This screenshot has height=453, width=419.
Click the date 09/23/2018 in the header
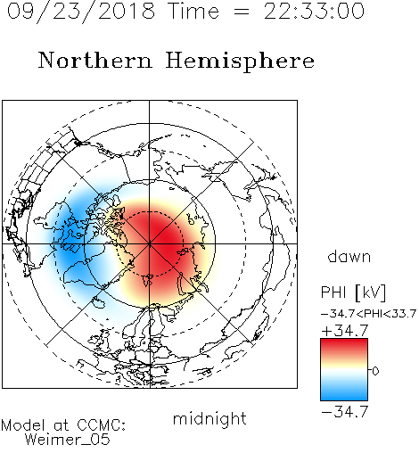tap(81, 12)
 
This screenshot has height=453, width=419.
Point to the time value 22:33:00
tap(314, 11)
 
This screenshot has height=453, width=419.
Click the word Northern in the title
tap(95, 60)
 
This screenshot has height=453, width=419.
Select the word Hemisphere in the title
tap(240, 62)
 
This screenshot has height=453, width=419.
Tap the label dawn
tap(349, 256)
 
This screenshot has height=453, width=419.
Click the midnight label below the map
tap(209, 419)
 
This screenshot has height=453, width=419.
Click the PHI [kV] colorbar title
tap(353, 292)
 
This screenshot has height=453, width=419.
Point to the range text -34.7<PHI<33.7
tap(368, 314)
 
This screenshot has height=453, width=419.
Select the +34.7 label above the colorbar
tap(345, 331)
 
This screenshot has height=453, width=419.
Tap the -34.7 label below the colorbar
tap(345, 412)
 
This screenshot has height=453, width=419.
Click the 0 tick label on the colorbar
tap(375, 371)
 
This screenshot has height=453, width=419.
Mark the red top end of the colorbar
tap(344, 341)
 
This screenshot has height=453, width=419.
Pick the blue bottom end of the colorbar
tap(344, 399)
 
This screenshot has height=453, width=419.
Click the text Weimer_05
tap(68, 440)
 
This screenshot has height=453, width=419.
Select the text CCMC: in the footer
tap(102, 425)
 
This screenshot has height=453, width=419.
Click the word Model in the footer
tap(24, 425)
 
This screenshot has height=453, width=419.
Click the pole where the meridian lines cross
tap(150, 243)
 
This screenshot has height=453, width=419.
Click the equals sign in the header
tap(242, 12)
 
